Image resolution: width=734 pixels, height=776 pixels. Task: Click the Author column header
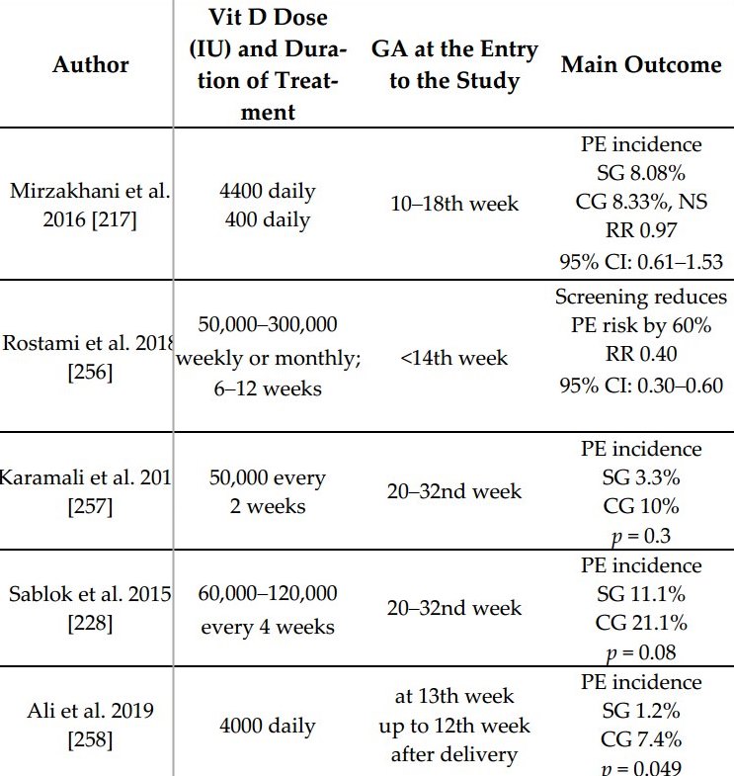pyautogui.click(x=91, y=65)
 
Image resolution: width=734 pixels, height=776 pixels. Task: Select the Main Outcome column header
pyautogui.click(x=641, y=65)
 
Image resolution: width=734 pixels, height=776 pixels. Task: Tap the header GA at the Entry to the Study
pyautogui.click(x=454, y=65)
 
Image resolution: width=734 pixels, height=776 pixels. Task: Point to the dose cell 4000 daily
pyautogui.click(x=268, y=726)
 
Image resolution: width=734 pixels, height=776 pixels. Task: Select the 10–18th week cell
pyautogui.click(x=454, y=205)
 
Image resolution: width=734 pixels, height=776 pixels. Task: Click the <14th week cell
pyautogui.click(x=454, y=358)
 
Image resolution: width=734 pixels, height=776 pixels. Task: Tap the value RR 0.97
pyautogui.click(x=641, y=233)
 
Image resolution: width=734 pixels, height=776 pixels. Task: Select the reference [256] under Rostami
pyautogui.click(x=85, y=374)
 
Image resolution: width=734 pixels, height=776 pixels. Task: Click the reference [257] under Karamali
pyautogui.click(x=85, y=506)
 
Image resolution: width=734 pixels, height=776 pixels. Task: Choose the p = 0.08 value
pyautogui.click(x=641, y=652)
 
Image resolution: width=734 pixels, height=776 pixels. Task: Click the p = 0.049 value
pyautogui.click(x=641, y=768)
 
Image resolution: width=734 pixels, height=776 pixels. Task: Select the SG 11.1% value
pyautogui.click(x=641, y=595)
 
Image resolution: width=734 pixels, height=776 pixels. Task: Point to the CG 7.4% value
pyautogui.click(x=641, y=739)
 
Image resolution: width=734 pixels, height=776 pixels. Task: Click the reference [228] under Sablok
pyautogui.click(x=85, y=624)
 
